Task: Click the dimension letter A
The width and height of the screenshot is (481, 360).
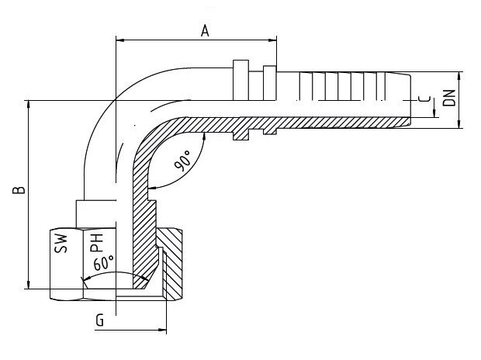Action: coord(205,31)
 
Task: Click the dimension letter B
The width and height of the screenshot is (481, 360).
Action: coord(19,190)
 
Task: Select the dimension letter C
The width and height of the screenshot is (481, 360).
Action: coord(424,99)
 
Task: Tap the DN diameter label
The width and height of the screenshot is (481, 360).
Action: coord(450,98)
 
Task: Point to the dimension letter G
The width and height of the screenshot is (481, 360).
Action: coord(100,320)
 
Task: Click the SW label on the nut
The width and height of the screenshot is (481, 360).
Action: coord(61,244)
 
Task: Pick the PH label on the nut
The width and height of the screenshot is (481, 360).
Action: coord(96,243)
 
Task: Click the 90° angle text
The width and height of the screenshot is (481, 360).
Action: coord(182,160)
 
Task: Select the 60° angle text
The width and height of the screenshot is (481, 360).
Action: coord(104,263)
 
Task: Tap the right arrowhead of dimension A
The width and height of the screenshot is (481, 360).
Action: coord(272,40)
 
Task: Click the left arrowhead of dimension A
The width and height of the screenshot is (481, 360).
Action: coord(120,40)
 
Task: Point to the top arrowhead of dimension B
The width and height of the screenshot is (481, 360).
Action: coord(29,105)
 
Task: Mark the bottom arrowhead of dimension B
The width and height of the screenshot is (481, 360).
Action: coord(29,285)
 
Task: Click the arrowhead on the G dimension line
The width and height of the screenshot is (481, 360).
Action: coord(162,331)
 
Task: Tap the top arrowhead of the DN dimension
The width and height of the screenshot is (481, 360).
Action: coord(459,76)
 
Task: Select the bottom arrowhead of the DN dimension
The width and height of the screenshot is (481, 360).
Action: coord(459,124)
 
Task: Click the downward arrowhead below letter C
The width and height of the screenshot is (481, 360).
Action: coord(434,113)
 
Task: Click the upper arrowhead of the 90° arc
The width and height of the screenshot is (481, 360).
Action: coord(204,137)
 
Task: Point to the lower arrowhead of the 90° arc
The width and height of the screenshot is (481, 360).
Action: coord(152,187)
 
